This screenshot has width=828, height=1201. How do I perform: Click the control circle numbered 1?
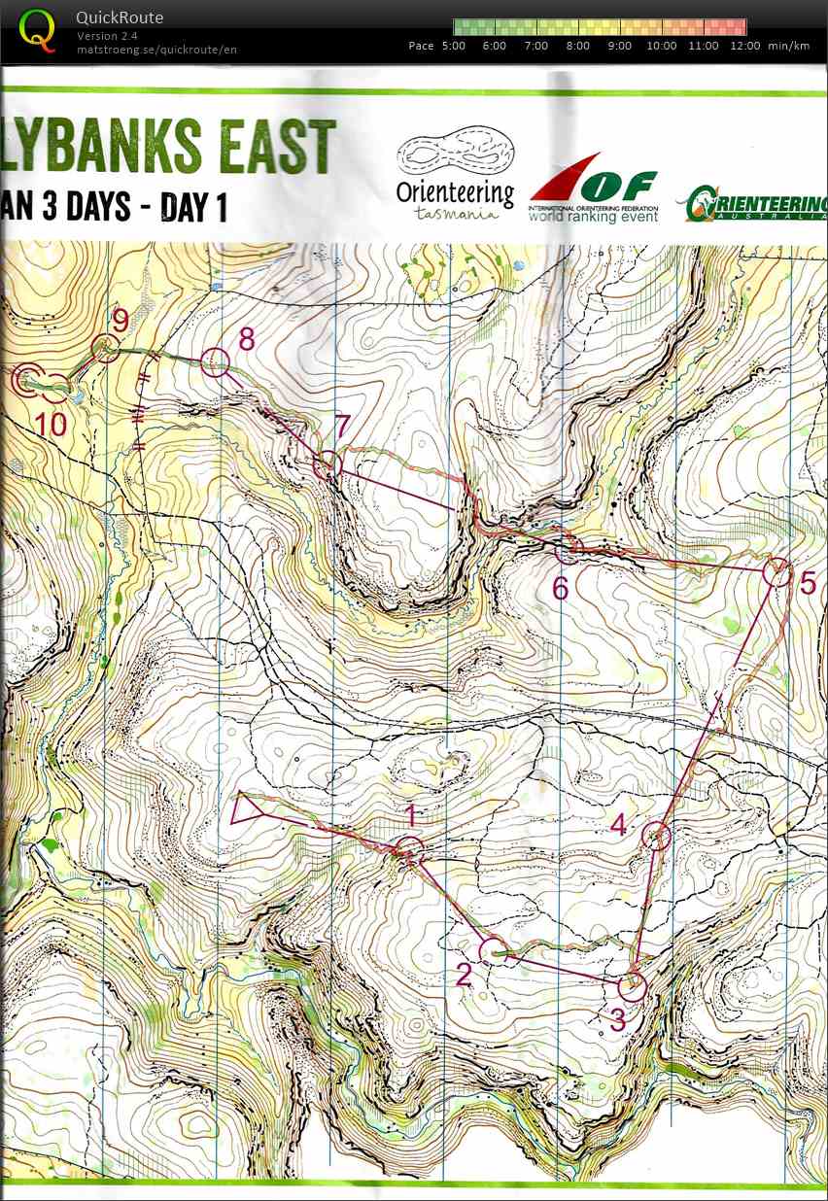pyautogui.click(x=410, y=849)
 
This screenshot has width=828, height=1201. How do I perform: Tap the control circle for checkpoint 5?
pyautogui.click(x=776, y=571)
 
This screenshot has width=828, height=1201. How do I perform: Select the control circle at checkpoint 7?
pyautogui.click(x=328, y=463)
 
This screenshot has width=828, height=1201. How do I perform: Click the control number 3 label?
pyautogui.click(x=617, y=1020)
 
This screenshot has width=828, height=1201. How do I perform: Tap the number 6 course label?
pyautogui.click(x=560, y=588)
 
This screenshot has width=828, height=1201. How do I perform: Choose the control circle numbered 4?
pyautogui.click(x=658, y=835)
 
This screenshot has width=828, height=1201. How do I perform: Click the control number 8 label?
pyautogui.click(x=246, y=338)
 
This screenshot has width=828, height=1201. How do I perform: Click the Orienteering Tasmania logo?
pyautogui.click(x=455, y=175)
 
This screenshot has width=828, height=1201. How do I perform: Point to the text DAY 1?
pyautogui.click(x=193, y=207)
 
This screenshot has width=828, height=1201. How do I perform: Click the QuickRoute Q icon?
pyautogui.click(x=38, y=30)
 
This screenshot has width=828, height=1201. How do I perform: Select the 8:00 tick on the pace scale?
pyautogui.click(x=577, y=46)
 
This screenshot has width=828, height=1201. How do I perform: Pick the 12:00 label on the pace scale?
pyautogui.click(x=744, y=46)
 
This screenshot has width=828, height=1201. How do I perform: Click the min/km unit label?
pyautogui.click(x=788, y=46)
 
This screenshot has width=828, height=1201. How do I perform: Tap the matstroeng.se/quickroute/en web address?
pyautogui.click(x=156, y=50)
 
